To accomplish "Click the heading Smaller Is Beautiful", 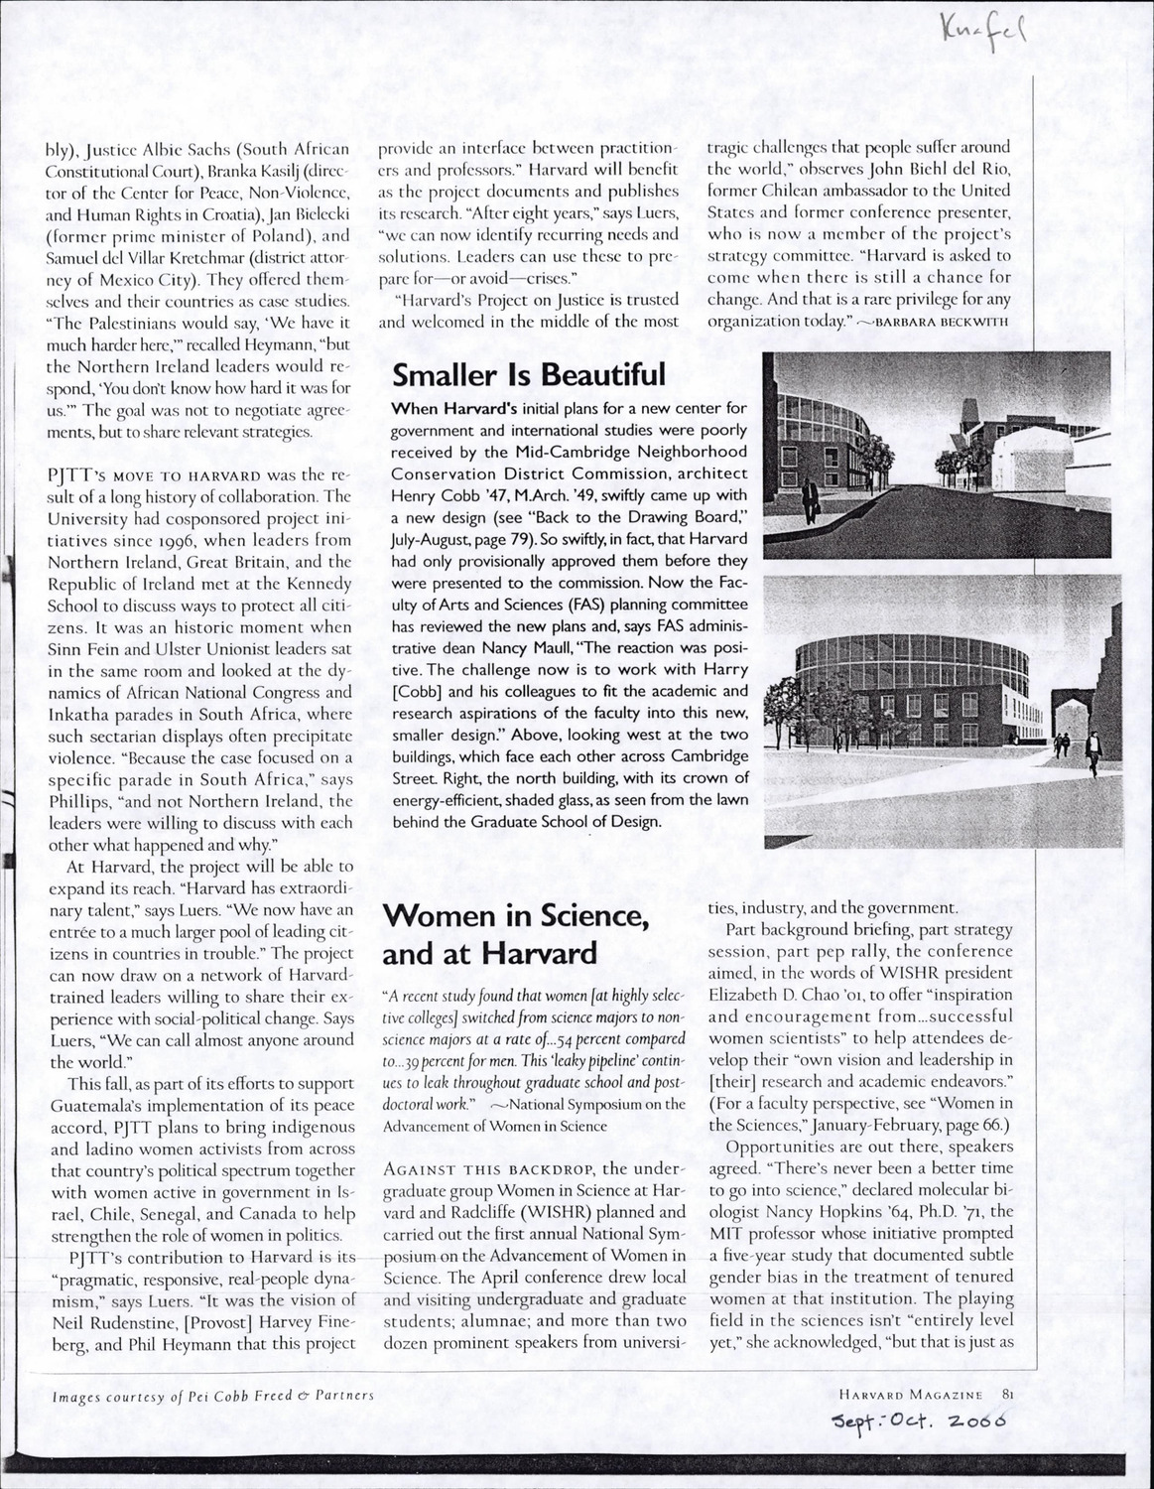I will [x=528, y=376].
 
